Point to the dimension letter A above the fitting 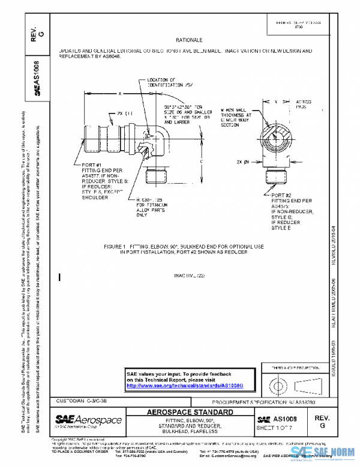[119, 94]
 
